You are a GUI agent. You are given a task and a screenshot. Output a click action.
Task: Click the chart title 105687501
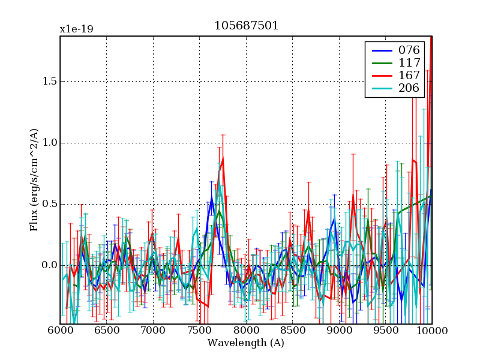tap(246, 26)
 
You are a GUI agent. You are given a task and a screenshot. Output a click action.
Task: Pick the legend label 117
tap(409, 62)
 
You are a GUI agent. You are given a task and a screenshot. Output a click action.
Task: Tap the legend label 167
tap(409, 76)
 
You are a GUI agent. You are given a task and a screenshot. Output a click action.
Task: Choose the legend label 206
tap(409, 89)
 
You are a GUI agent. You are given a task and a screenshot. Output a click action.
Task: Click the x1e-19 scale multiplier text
tap(76, 29)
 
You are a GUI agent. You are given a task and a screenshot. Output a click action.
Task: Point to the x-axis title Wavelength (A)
tap(246, 343)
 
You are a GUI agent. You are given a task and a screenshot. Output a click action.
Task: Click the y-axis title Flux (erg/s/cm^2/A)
tap(35, 180)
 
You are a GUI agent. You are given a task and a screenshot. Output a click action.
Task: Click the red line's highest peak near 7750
tap(223, 159)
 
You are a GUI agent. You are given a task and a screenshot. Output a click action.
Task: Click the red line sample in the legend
tap(380, 76)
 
